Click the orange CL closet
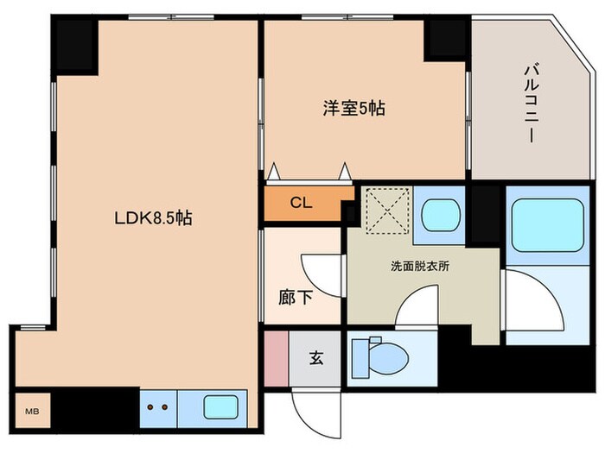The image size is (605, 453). coord(302,204)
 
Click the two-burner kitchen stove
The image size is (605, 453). coord(158,406)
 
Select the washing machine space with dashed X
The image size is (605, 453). coord(384,210)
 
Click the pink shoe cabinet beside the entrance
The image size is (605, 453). coord(276,357)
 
